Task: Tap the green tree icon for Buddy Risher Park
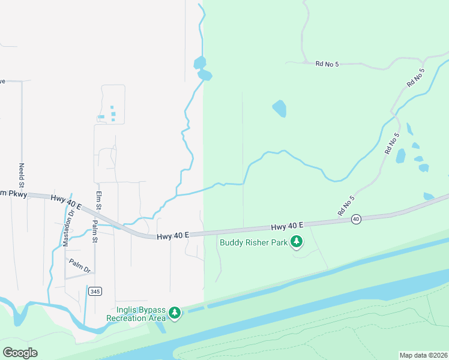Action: [296, 242]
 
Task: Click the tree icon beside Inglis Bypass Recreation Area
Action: [174, 313]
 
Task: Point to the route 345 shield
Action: [94, 291]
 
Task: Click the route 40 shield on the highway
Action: [356, 219]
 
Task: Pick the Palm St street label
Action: [94, 232]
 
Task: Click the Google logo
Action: [20, 353]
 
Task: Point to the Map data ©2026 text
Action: [423, 355]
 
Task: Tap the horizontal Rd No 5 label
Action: [327, 63]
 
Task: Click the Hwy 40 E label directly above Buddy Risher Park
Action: [287, 226]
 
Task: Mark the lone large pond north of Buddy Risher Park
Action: [279, 109]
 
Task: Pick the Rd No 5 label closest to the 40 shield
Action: [346, 206]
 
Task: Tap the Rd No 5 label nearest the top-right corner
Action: [415, 78]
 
